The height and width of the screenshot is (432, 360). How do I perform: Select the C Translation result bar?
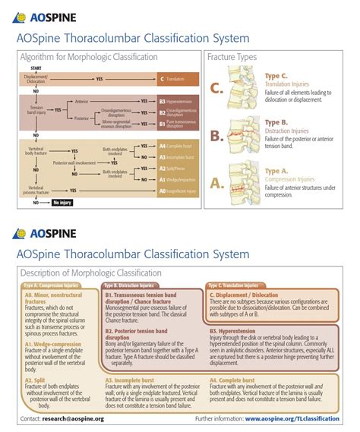(x=178, y=79)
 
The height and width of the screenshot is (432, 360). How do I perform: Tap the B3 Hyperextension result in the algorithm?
(x=178, y=99)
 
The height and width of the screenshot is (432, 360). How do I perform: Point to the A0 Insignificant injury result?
(x=178, y=191)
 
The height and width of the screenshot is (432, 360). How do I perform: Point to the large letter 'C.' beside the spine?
(x=217, y=90)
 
